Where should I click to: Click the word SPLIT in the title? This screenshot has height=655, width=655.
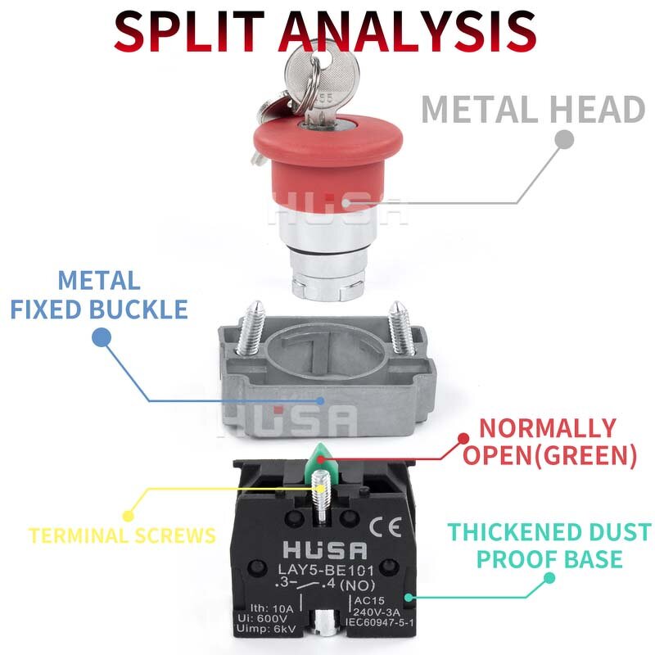tap(189, 31)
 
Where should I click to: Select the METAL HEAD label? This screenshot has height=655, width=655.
tap(534, 110)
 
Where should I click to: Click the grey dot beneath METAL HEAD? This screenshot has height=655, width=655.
tap(565, 139)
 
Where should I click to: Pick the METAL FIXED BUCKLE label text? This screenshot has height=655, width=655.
tap(99, 295)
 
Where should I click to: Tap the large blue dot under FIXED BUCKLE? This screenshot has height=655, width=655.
tap(102, 337)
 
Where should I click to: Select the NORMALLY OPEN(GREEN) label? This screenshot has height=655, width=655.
tap(549, 441)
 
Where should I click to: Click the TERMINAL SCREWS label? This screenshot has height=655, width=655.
tap(122, 535)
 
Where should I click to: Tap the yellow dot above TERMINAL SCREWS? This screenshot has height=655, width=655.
tap(129, 516)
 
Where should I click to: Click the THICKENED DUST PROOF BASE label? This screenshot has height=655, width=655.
tap(549, 545)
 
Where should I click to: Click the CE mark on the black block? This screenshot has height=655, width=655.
tap(386, 527)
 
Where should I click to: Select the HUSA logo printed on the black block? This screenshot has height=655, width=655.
tap(325, 550)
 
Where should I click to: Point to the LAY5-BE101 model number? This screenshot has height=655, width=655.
tap(326, 570)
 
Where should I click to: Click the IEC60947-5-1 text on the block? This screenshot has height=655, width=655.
tap(380, 623)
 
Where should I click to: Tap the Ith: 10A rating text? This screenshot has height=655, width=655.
tap(272, 608)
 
